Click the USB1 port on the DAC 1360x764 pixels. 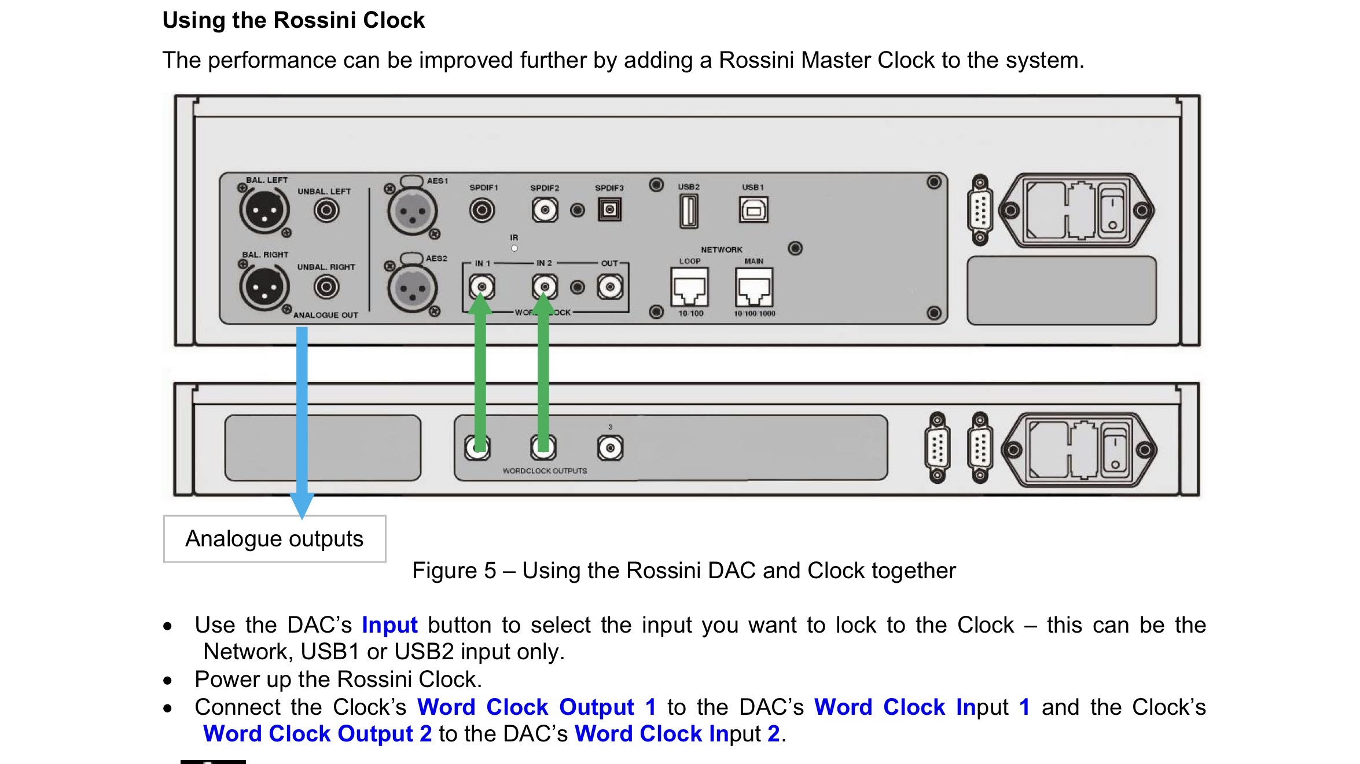coord(753,210)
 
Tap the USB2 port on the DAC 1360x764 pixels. coord(689,211)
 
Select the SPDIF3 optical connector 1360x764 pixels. coord(609,210)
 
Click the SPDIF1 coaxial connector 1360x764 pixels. coord(482,210)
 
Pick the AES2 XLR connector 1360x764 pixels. coord(411,287)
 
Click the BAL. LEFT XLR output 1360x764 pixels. coord(264,210)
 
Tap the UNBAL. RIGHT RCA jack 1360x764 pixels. coord(326,287)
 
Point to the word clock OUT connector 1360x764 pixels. coord(610,287)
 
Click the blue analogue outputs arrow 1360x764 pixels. coord(302,417)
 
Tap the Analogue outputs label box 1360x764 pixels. coord(274,539)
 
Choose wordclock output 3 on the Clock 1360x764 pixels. coord(610,448)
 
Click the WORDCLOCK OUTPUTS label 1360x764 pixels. coord(545,471)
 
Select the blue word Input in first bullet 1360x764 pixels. coord(389,625)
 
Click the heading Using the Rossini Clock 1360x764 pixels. coord(293,20)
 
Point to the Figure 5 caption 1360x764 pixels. coord(683,571)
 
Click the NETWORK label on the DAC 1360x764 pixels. coord(721,249)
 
